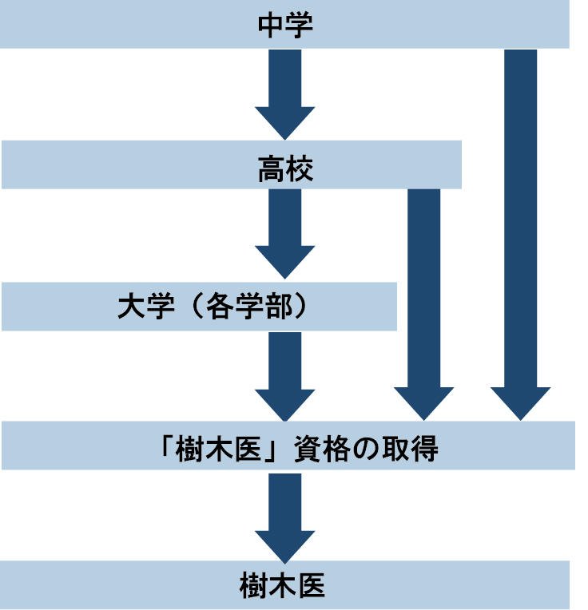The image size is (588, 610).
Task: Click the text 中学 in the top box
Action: [285, 25]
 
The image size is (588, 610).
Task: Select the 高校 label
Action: [285, 168]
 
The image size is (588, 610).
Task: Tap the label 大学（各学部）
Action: [212, 307]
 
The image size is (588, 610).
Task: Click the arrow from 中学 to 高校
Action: [285, 92]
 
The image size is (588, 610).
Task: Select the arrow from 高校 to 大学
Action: [285, 232]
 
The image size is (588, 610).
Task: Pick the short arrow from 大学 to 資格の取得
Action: [285, 374]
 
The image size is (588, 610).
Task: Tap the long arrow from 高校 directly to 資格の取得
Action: [423, 303]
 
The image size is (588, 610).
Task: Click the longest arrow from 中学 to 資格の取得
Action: [521, 232]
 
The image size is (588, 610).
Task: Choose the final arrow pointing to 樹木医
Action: [285, 515]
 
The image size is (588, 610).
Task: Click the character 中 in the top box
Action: [272, 25]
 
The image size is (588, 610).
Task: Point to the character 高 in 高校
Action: [272, 168]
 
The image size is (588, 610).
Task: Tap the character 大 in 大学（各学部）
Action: [131, 307]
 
